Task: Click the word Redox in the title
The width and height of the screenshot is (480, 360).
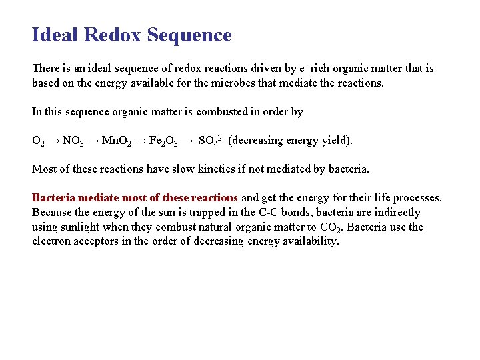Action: pos(114,35)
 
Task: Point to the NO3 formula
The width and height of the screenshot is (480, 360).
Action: pos(73,141)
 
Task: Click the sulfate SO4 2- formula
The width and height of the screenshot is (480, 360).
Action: pos(211,141)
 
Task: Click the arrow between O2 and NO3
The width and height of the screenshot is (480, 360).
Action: pos(51,141)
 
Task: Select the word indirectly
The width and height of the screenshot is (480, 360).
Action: pos(396,213)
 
